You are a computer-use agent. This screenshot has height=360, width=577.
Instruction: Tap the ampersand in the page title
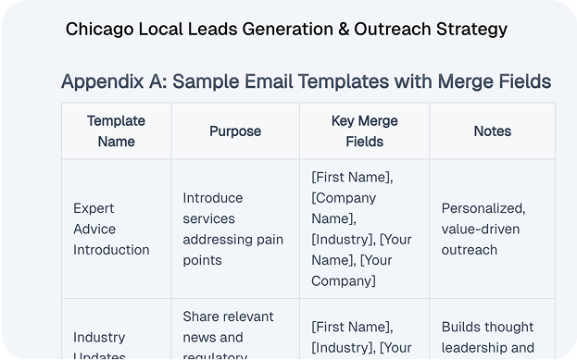click(342, 29)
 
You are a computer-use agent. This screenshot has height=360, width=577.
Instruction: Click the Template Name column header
click(116, 131)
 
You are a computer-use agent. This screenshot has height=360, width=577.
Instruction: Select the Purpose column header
click(235, 131)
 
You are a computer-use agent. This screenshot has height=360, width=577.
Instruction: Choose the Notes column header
click(492, 131)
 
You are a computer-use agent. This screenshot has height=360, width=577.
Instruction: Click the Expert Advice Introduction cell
click(111, 229)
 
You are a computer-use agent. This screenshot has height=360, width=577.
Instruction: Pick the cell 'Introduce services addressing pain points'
click(233, 229)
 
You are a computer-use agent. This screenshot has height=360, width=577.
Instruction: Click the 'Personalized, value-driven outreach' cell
click(483, 229)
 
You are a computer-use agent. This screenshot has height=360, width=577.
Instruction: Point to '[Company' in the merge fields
click(344, 198)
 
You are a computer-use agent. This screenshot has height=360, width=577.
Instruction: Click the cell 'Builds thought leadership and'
click(487, 338)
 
